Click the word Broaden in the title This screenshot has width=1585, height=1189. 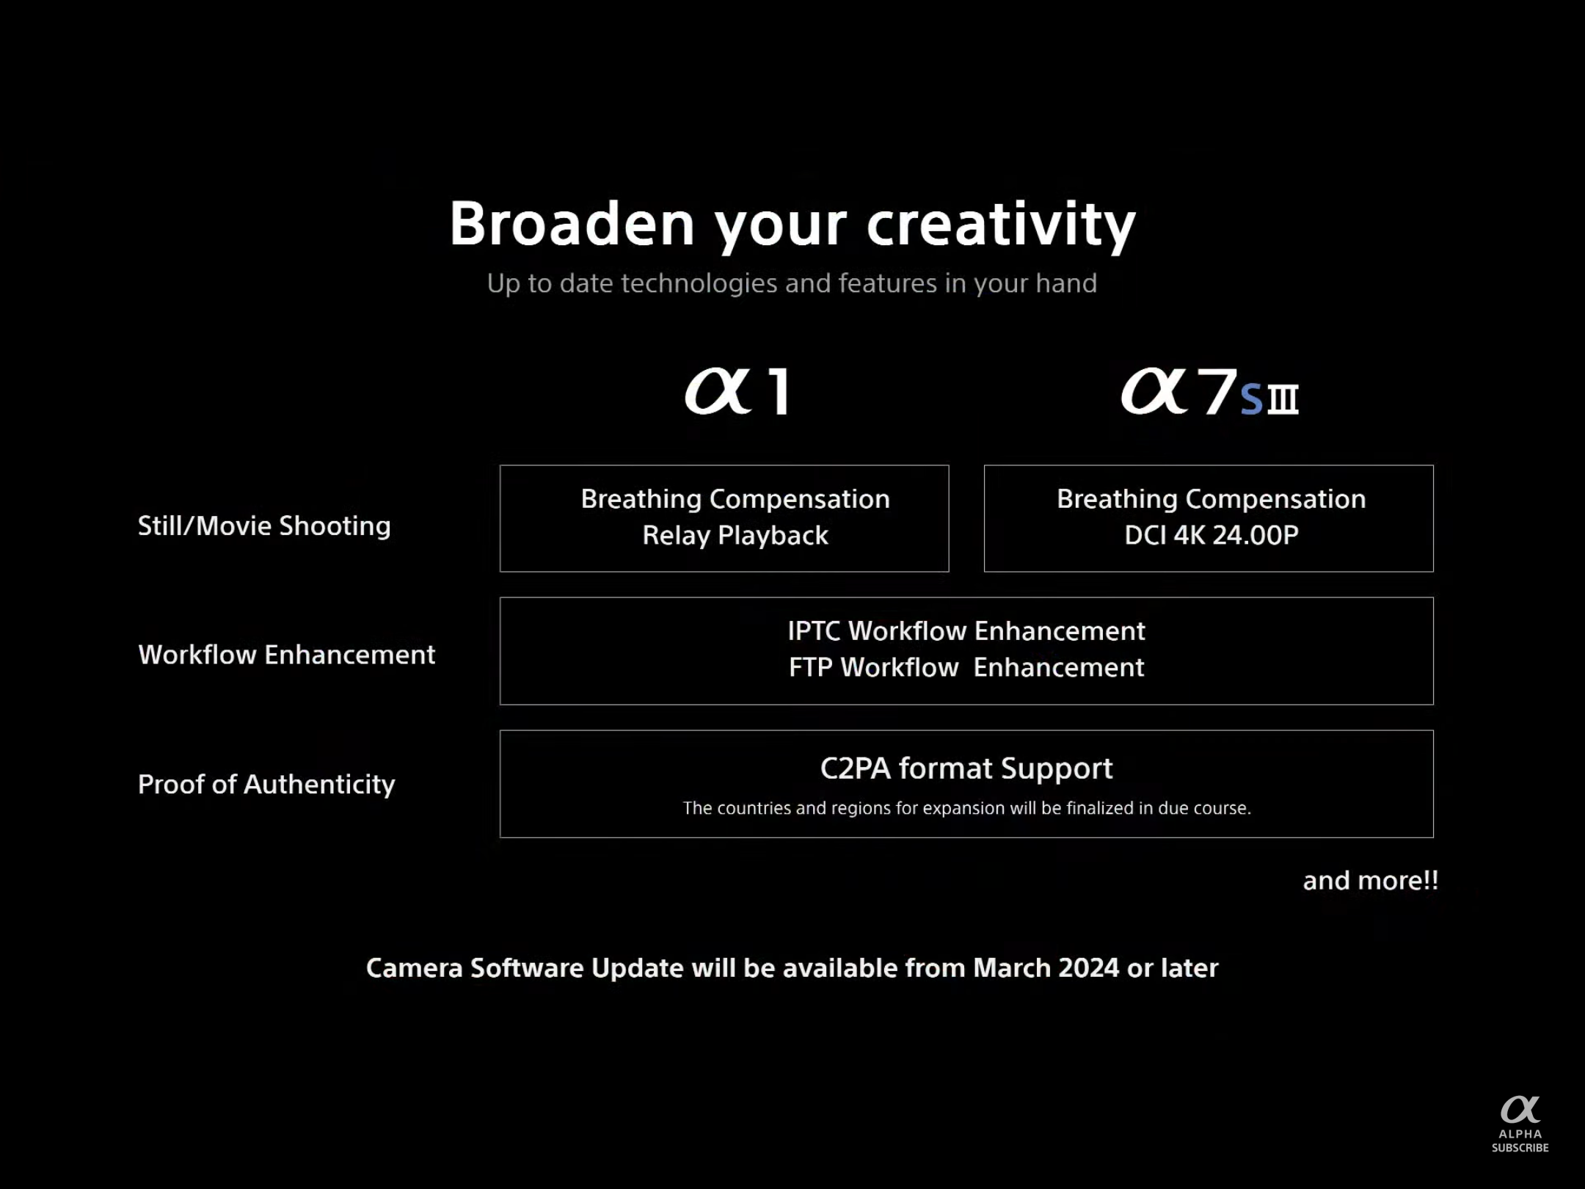pyautogui.click(x=572, y=223)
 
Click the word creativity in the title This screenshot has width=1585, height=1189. pyautogui.click(x=1001, y=226)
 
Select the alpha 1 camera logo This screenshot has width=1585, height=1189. pyautogui.click(x=737, y=391)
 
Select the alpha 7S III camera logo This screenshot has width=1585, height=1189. pyautogui.click(x=1209, y=391)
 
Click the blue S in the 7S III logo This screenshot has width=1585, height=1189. pyautogui.click(x=1251, y=400)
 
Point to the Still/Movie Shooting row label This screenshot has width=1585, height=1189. pyautogui.click(x=264, y=526)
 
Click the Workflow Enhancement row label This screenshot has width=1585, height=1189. pyautogui.click(x=287, y=654)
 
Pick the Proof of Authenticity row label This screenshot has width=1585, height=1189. pyautogui.click(x=266, y=785)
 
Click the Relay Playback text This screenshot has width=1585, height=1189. pyautogui.click(x=735, y=536)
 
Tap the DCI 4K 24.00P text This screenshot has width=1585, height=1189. pyautogui.click(x=1211, y=535)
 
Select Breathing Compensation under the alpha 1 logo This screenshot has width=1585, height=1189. pyautogui.click(x=735, y=499)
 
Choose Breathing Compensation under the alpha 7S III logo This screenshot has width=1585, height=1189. pyautogui.click(x=1211, y=499)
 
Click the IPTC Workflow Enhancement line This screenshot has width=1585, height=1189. pyautogui.click(x=966, y=631)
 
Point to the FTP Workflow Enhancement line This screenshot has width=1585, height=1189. pyautogui.click(x=966, y=667)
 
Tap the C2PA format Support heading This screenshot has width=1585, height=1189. pyautogui.click(x=966, y=768)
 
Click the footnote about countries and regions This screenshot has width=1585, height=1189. pyautogui.click(x=966, y=808)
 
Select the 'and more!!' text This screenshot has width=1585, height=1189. pyautogui.click(x=1370, y=881)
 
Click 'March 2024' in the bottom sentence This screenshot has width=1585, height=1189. pyautogui.click(x=1046, y=968)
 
